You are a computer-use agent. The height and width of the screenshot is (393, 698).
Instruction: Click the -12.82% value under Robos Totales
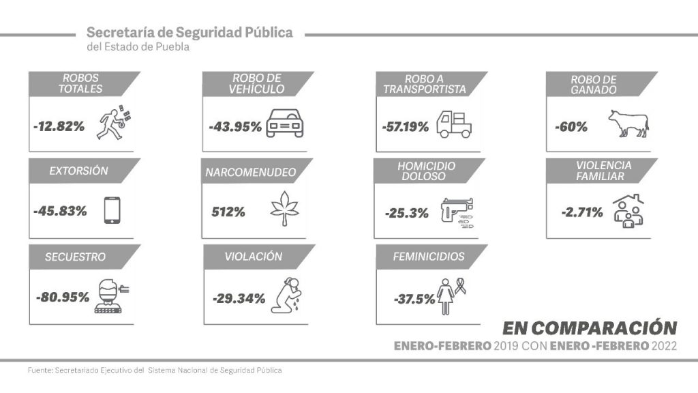point(59,126)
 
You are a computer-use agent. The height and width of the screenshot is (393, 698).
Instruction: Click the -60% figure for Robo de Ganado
point(568,126)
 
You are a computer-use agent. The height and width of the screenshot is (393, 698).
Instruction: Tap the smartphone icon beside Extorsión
point(112,210)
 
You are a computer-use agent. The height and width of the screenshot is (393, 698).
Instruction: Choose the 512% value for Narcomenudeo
point(228,212)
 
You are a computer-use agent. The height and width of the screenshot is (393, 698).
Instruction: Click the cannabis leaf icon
point(285,209)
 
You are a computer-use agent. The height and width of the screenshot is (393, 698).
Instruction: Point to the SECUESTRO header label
point(75,257)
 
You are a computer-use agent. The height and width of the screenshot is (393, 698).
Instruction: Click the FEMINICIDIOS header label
point(429,257)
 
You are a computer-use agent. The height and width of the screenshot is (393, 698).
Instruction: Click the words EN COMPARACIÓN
point(590,326)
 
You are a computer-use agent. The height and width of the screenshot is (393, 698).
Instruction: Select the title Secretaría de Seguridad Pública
point(190,33)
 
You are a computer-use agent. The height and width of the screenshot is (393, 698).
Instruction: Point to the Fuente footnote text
point(155,370)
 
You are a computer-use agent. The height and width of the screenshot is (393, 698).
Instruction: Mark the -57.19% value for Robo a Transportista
point(406,126)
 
